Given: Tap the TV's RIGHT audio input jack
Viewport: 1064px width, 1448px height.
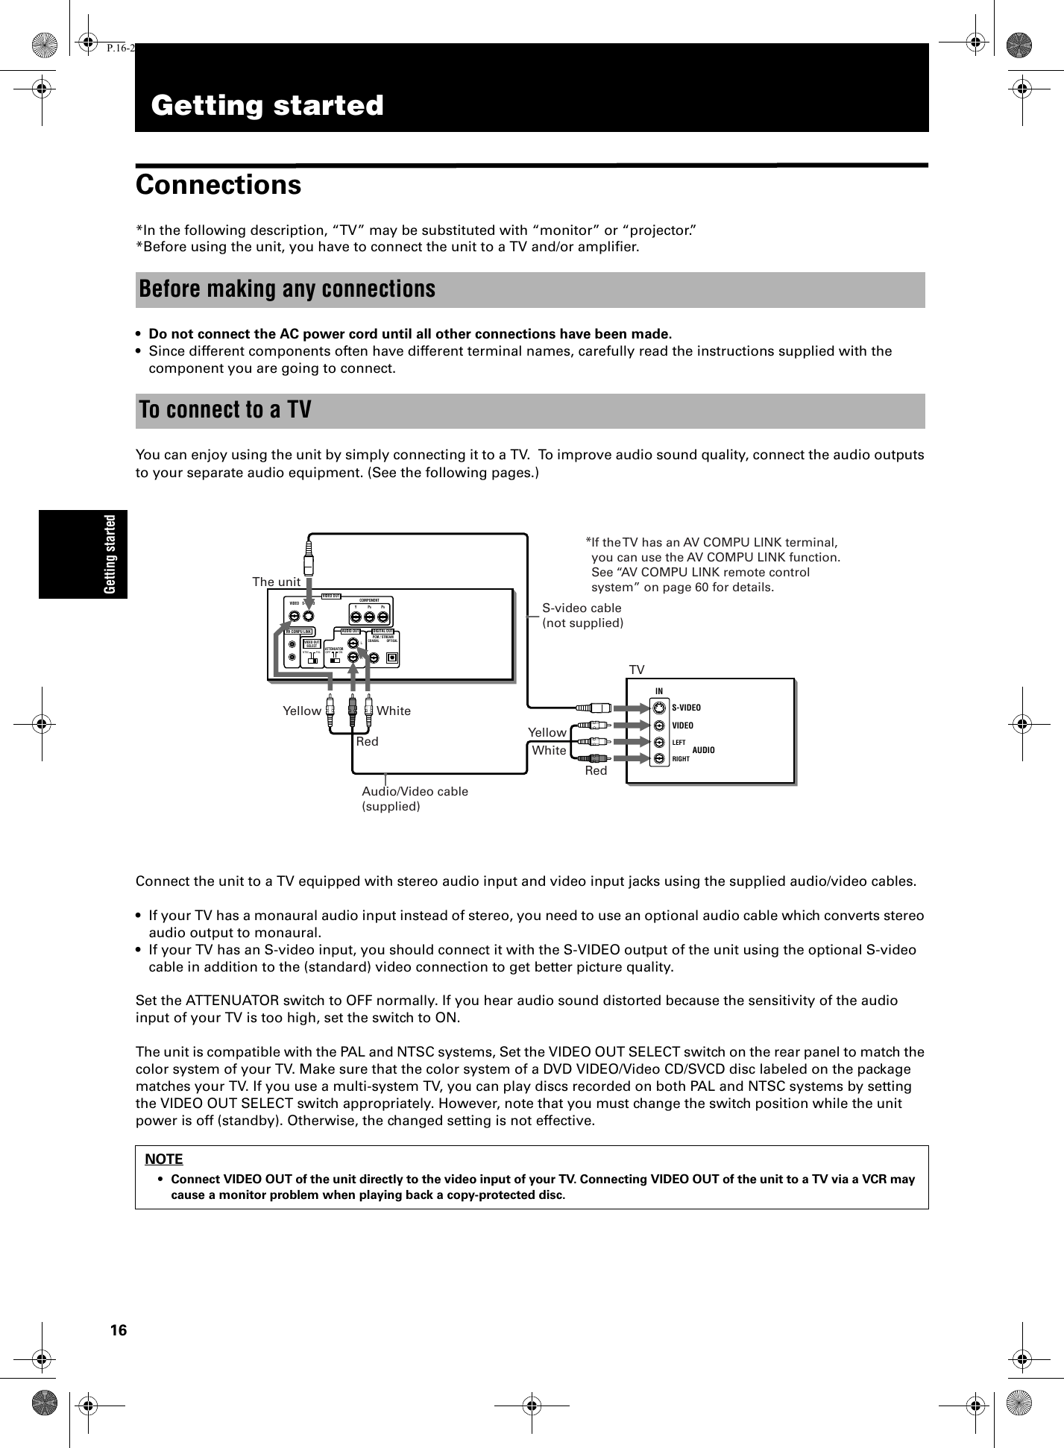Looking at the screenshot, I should [659, 759].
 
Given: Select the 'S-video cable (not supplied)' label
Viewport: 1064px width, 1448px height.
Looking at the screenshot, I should [582, 615].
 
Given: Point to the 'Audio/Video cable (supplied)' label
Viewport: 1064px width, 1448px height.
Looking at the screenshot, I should [415, 799].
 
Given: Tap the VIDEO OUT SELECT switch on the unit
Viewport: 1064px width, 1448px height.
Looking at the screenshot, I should [312, 654].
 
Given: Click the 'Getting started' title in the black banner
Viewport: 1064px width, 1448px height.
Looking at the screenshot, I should [268, 105].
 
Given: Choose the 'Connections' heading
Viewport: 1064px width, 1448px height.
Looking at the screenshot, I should [218, 185].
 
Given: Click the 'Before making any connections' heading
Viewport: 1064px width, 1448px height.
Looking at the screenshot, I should [287, 289].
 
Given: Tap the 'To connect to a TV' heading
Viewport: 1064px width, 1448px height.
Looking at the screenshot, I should [225, 411].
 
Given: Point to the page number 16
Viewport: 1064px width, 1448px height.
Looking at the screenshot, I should [119, 1331].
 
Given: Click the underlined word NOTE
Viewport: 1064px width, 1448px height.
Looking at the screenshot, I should [164, 1159].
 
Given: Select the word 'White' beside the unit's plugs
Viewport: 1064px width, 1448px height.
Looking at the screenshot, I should [394, 711].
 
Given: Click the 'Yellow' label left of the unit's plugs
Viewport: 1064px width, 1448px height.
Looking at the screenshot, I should [302, 711].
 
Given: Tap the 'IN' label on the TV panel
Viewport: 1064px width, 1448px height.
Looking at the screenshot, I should [659, 690].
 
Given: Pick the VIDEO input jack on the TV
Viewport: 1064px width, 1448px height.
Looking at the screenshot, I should [659, 725].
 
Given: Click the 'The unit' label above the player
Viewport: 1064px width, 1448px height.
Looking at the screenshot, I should [276, 582].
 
